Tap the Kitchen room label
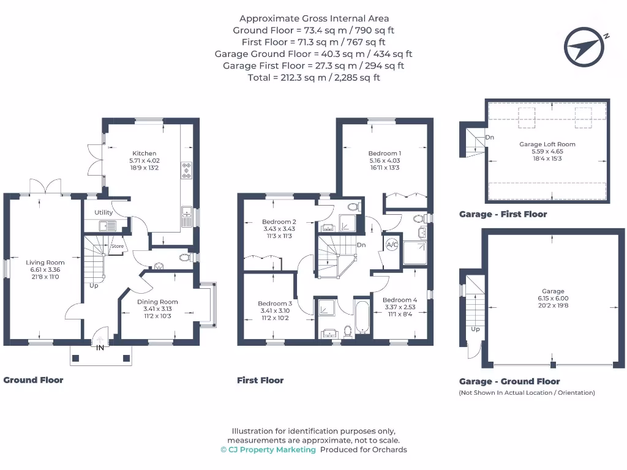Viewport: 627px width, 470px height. (145, 154)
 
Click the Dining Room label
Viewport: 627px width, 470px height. (157, 302)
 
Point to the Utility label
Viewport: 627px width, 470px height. (103, 212)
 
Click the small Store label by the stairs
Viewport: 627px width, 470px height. (117, 247)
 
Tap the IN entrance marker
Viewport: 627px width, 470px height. (99, 348)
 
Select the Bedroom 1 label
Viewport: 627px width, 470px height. (385, 154)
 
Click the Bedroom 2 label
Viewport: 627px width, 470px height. (279, 222)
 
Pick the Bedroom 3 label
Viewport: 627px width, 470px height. (275, 304)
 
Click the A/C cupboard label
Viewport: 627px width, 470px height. (392, 245)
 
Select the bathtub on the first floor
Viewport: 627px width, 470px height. (362, 316)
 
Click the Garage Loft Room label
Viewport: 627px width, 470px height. (547, 144)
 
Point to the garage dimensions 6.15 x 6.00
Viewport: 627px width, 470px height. (553, 299)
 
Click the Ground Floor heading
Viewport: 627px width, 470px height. (34, 380)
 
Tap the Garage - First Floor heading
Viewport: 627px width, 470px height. (503, 214)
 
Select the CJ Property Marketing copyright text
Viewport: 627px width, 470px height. (268, 449)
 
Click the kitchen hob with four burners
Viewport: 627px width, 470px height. (186, 171)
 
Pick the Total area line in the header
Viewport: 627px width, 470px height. (313, 78)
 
